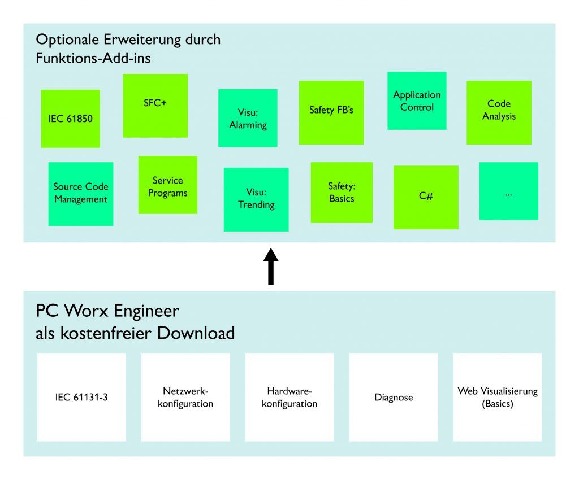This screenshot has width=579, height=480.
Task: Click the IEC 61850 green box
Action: (70, 119)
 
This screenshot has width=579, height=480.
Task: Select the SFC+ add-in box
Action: (155, 105)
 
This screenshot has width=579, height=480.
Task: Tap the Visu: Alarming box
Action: (248, 118)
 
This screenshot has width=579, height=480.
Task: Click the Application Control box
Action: (417, 101)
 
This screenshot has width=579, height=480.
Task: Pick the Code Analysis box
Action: (499, 112)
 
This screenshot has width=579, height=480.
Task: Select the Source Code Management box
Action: (81, 194)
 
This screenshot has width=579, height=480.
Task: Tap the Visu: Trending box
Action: (256, 199)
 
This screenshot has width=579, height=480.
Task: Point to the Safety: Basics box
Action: (342, 193)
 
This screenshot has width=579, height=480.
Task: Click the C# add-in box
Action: (426, 197)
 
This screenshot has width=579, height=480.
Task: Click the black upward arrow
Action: (271, 266)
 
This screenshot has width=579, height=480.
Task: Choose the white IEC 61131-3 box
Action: (81, 397)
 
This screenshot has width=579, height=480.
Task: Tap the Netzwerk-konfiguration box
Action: (185, 397)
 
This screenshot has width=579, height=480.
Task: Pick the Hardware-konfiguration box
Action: (289, 397)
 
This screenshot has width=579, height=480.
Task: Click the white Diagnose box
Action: (394, 397)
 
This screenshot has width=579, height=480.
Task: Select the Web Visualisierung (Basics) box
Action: (498, 397)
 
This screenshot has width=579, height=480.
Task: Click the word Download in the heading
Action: (196, 333)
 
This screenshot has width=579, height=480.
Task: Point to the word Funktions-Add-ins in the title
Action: (93, 58)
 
